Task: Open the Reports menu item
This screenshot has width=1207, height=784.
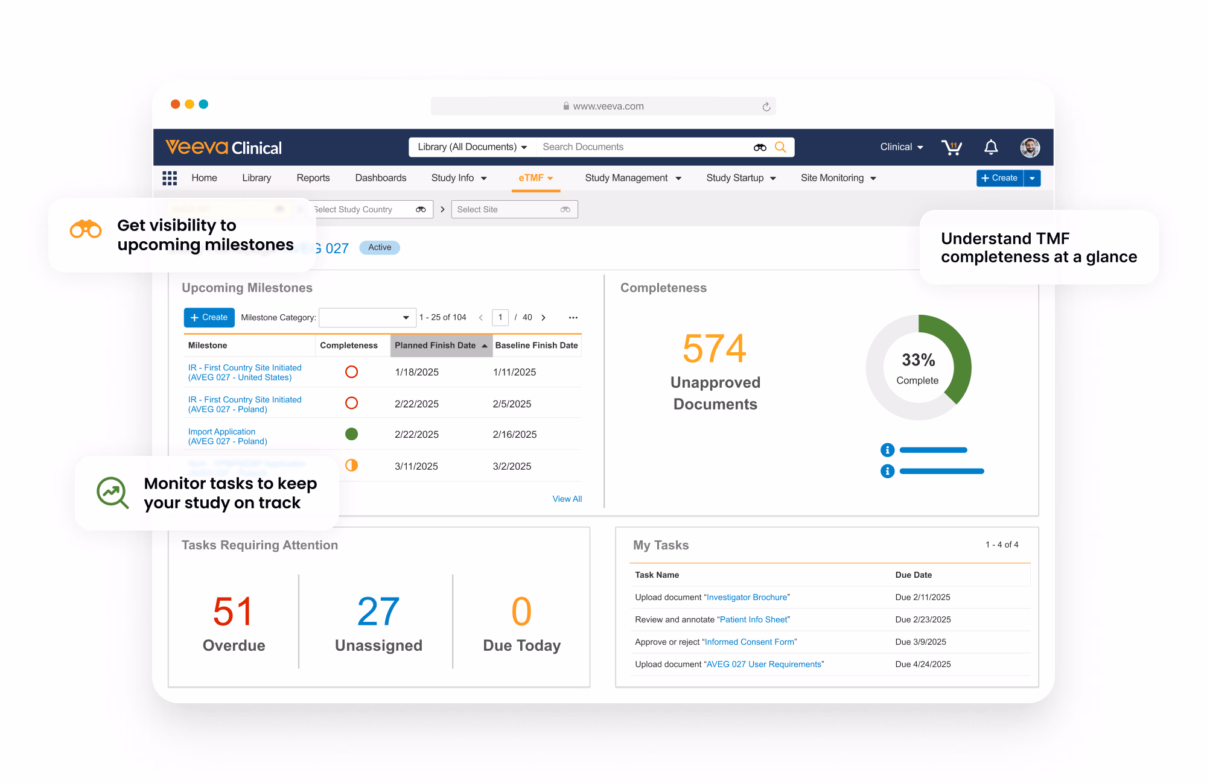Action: coord(313,178)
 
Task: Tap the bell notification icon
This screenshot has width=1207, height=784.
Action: coord(991,147)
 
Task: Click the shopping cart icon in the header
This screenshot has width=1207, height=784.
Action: coord(952,147)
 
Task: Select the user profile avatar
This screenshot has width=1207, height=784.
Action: coord(1030,147)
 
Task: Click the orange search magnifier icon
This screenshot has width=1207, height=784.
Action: coord(780,147)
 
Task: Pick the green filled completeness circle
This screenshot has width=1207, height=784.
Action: coord(351,434)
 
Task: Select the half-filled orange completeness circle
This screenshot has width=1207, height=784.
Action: coord(351,466)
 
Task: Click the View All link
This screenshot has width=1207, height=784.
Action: coord(567,499)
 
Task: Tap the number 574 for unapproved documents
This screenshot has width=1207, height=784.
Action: coord(715,349)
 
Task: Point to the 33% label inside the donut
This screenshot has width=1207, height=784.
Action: coord(918,360)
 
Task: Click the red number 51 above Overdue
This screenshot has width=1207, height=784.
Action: coord(233,612)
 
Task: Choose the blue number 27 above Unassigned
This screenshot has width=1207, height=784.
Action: coord(378,612)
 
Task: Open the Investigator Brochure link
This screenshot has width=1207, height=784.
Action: coord(747,597)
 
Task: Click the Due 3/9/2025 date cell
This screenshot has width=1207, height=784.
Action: coord(920,642)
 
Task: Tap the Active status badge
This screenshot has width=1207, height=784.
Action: coord(380,247)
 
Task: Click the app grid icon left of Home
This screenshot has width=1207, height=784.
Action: coord(170,178)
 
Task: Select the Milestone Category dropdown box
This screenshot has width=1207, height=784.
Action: coord(366,318)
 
